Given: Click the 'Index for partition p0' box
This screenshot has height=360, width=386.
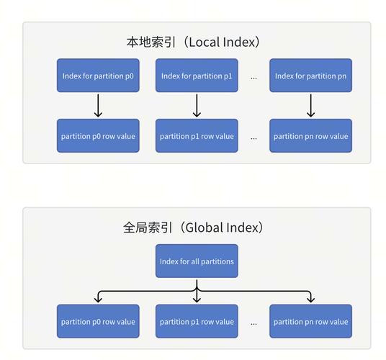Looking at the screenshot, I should click(98, 76).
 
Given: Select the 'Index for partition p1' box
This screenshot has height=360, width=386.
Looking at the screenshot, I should click(197, 76).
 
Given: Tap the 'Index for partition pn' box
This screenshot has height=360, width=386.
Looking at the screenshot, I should click(310, 76).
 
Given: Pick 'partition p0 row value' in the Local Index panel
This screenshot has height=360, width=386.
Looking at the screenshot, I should click(98, 136).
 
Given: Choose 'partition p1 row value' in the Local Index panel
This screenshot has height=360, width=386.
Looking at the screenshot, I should click(197, 136).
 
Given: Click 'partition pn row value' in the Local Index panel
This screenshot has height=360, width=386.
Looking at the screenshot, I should click(310, 136).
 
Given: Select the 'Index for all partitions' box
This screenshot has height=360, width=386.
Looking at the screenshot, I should click(197, 261).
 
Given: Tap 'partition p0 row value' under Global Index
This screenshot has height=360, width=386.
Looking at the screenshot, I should click(98, 322).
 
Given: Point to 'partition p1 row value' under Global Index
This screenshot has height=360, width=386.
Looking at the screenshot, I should click(197, 322).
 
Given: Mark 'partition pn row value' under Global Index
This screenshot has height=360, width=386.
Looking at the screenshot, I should click(310, 322).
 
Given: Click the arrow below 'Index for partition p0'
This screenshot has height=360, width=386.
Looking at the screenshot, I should click(98, 106).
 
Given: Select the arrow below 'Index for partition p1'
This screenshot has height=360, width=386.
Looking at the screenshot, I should click(197, 106).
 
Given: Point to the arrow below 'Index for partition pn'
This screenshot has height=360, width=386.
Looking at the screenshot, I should click(310, 106).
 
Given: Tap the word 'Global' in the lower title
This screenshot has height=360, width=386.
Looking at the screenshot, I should click(202, 228).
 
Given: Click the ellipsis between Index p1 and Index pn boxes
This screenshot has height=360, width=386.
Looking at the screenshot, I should click(253, 76).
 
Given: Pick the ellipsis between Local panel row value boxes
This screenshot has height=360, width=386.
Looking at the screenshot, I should click(253, 137).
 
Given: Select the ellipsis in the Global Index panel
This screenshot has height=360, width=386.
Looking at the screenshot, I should click(253, 323).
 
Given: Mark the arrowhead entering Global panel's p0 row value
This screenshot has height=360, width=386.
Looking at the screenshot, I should click(98, 300).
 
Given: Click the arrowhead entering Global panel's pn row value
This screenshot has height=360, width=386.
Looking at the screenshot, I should click(310, 300).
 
